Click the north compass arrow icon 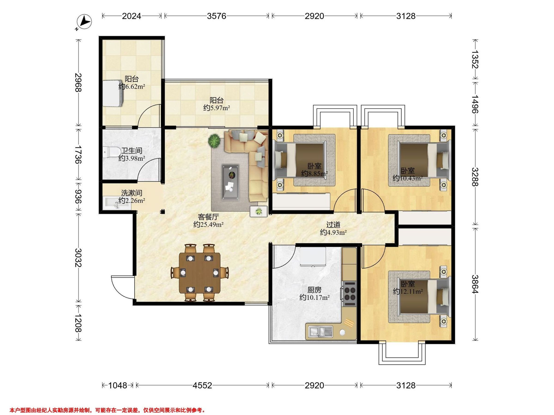(x=85, y=22)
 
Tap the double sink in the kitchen (x=321, y=332)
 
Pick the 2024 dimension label (x=132, y=16)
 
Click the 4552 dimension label (x=202, y=385)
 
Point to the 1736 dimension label (x=79, y=154)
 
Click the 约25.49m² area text (x=208, y=224)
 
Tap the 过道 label (x=333, y=225)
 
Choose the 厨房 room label (x=314, y=290)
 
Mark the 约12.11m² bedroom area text (x=408, y=291)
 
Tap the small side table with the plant (x=259, y=212)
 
